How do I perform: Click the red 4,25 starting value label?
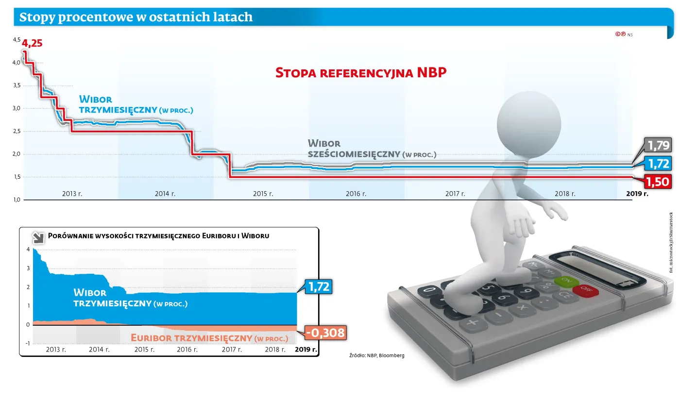click(x=32, y=43)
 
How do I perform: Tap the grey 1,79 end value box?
click(x=658, y=145)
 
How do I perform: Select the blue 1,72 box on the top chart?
click(x=658, y=163)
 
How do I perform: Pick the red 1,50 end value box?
click(x=658, y=182)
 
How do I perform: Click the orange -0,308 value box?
click(x=325, y=333)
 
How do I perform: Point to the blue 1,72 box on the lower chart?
click(x=318, y=287)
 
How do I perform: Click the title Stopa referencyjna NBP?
click(x=360, y=73)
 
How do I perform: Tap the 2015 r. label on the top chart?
click(x=263, y=193)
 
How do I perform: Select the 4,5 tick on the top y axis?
click(x=17, y=40)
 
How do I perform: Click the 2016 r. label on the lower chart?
click(x=187, y=349)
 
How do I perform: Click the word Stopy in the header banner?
click(x=36, y=17)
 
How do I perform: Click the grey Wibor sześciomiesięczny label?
click(x=372, y=149)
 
